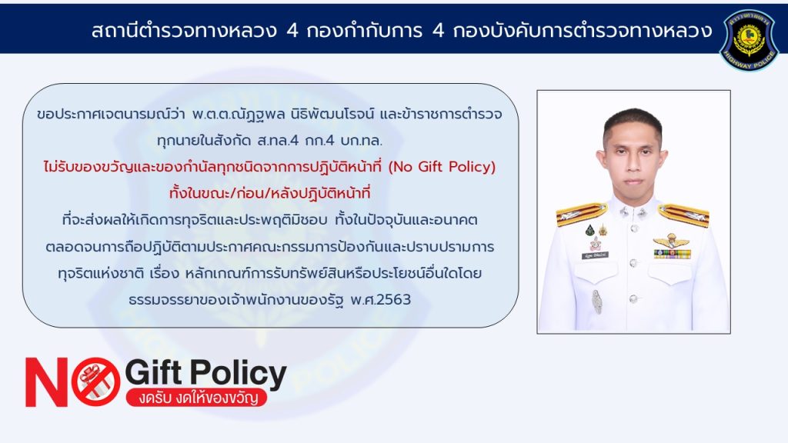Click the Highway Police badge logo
[749, 39]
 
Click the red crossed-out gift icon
[96, 381]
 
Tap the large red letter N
[47, 382]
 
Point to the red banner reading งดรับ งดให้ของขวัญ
[196, 398]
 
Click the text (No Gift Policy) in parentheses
[442, 167]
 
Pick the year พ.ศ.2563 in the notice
[380, 300]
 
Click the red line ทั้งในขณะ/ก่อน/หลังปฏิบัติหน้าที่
[270, 193]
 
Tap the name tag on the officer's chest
[595, 255]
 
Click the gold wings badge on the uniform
[671, 241]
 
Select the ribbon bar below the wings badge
[672, 254]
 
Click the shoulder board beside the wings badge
[683, 215]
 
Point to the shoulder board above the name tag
[582, 214]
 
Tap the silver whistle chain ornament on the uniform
[596, 301]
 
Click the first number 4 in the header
[292, 31]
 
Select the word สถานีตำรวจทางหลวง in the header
[184, 31]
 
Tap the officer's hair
[633, 123]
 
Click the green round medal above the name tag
[590, 231]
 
